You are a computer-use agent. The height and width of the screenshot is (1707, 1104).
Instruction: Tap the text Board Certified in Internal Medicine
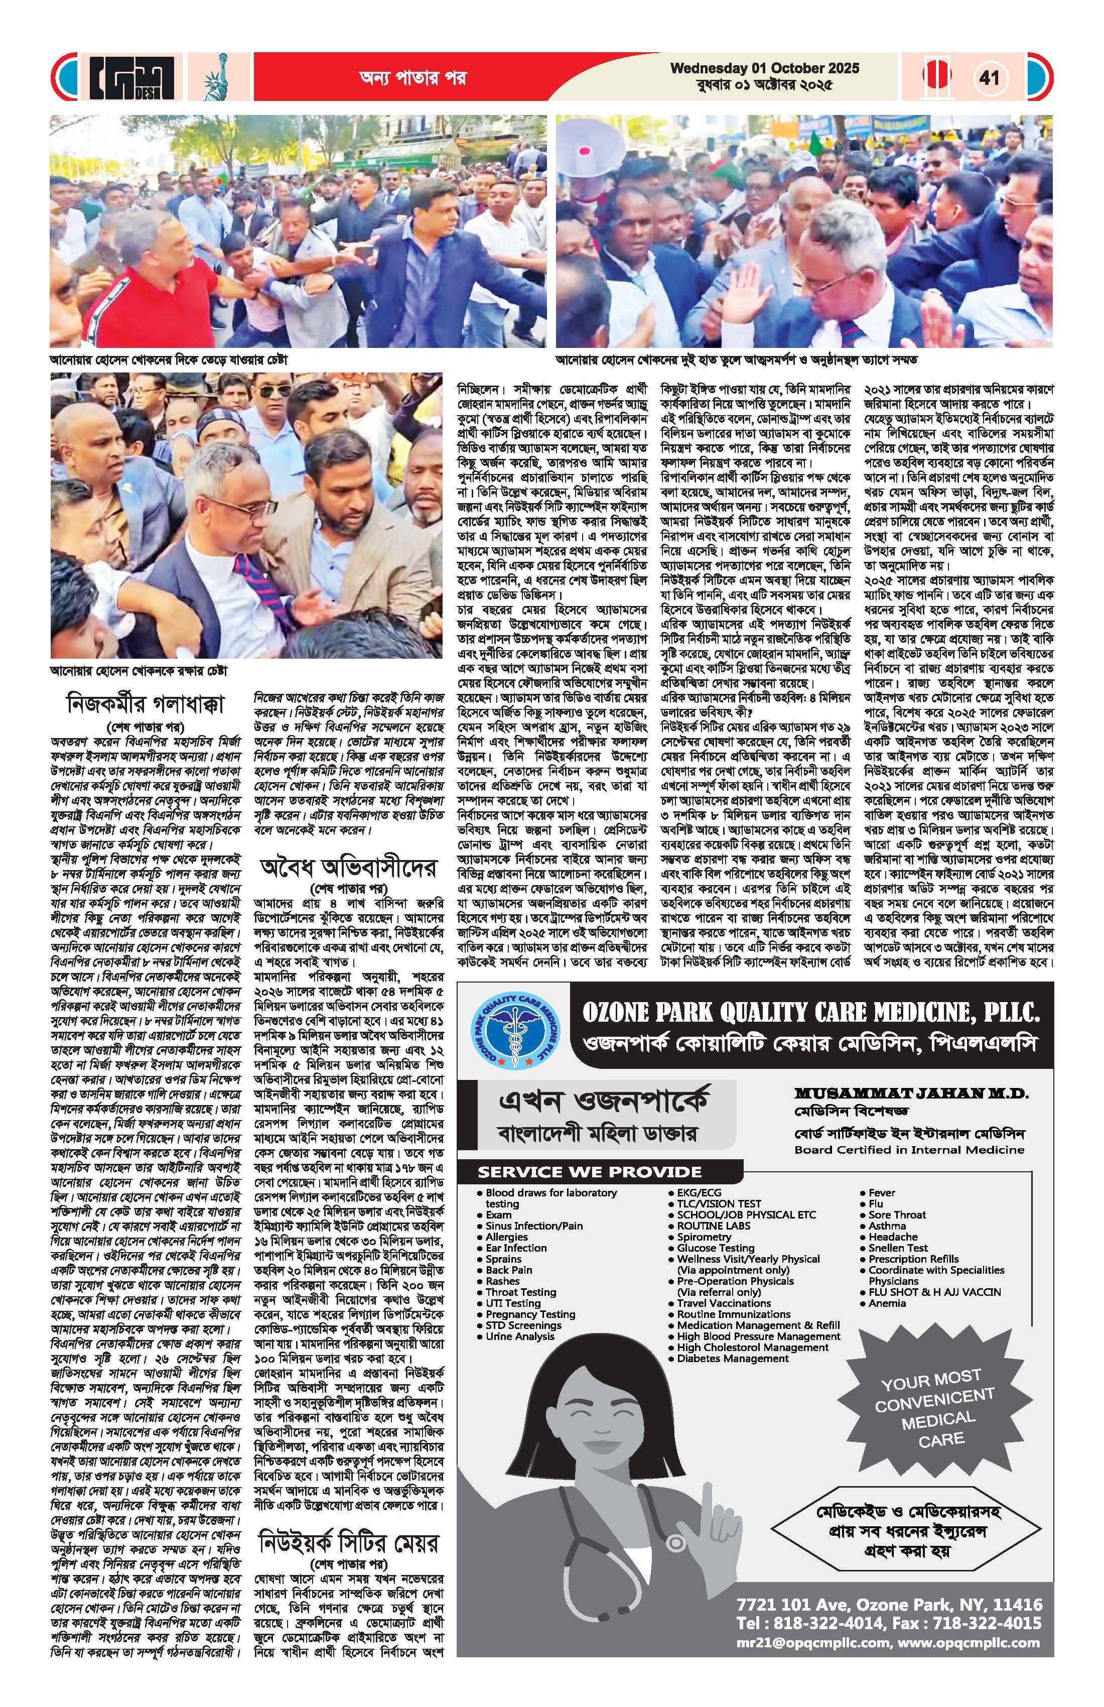click(909, 1150)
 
